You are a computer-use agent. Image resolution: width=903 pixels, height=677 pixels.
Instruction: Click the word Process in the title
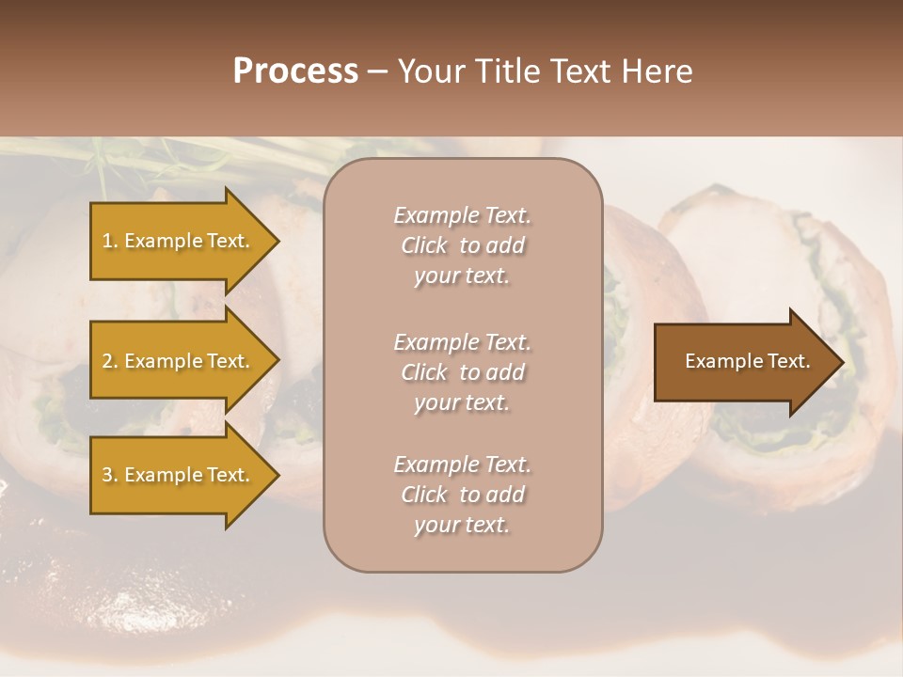(295, 71)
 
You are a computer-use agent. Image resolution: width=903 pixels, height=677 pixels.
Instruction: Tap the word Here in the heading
(654, 71)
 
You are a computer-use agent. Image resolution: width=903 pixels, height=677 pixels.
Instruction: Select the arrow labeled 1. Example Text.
(179, 241)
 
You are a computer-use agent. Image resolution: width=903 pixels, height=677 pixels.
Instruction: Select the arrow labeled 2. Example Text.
(179, 361)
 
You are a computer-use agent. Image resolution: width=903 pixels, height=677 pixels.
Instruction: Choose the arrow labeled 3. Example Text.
(179, 475)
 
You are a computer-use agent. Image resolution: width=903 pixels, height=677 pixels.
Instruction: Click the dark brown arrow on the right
(743, 362)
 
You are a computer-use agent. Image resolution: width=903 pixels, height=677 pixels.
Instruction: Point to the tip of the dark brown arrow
(842, 362)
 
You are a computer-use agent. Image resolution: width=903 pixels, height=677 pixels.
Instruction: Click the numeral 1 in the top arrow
(107, 241)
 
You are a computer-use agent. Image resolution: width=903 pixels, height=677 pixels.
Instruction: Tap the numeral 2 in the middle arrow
(107, 361)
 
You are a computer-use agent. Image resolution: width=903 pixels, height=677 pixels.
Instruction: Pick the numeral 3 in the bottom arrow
(107, 475)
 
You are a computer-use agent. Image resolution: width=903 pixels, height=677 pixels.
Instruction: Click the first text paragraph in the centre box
(462, 245)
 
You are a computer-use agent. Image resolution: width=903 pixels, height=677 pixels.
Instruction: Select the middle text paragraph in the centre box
(462, 372)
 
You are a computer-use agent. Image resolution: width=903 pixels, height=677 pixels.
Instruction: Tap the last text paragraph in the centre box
(462, 495)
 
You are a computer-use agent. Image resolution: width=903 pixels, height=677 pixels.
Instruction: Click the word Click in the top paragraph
(423, 245)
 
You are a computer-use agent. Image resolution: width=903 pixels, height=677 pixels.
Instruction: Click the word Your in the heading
(429, 71)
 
